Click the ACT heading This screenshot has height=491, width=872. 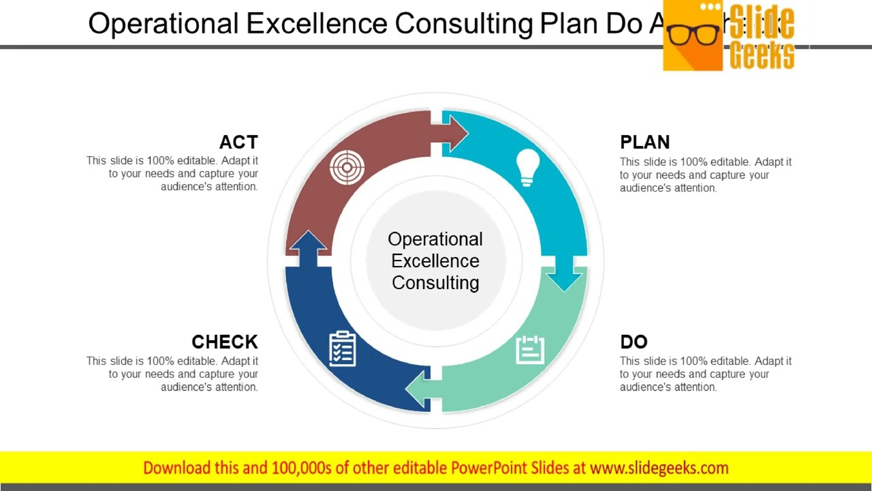[x=238, y=142]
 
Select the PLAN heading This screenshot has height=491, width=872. [x=644, y=142]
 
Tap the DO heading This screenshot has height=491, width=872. [x=634, y=342]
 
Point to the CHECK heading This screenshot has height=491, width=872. [x=224, y=342]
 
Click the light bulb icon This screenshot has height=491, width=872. [x=528, y=167]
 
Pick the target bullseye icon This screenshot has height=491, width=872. [x=347, y=167]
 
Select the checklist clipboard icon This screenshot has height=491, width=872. [x=342, y=348]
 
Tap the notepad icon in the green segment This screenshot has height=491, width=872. [x=530, y=349]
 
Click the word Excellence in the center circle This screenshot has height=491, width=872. [x=435, y=261]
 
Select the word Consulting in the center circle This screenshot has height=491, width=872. [x=435, y=282]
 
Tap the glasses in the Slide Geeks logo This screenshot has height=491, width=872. [x=694, y=34]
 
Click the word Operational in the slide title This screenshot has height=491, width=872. [x=163, y=24]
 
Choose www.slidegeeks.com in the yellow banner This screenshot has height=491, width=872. [x=659, y=468]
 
